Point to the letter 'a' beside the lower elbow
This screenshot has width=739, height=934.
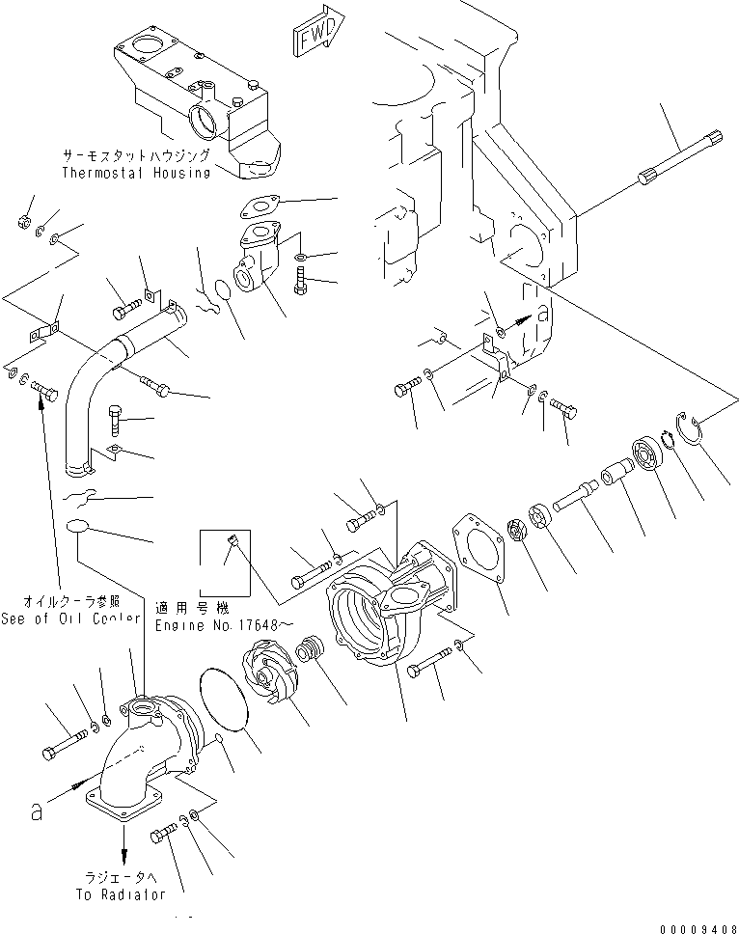click(36, 812)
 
